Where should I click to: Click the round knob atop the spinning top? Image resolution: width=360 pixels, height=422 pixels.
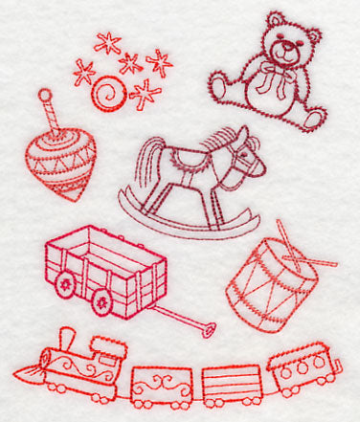click(x=44, y=97)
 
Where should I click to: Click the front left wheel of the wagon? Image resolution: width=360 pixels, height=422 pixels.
click(x=66, y=283)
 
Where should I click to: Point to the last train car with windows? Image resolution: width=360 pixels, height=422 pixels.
click(x=304, y=367)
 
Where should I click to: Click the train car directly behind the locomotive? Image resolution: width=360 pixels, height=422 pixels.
click(x=160, y=386)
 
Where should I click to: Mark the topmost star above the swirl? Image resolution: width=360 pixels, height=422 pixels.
click(x=107, y=42)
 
